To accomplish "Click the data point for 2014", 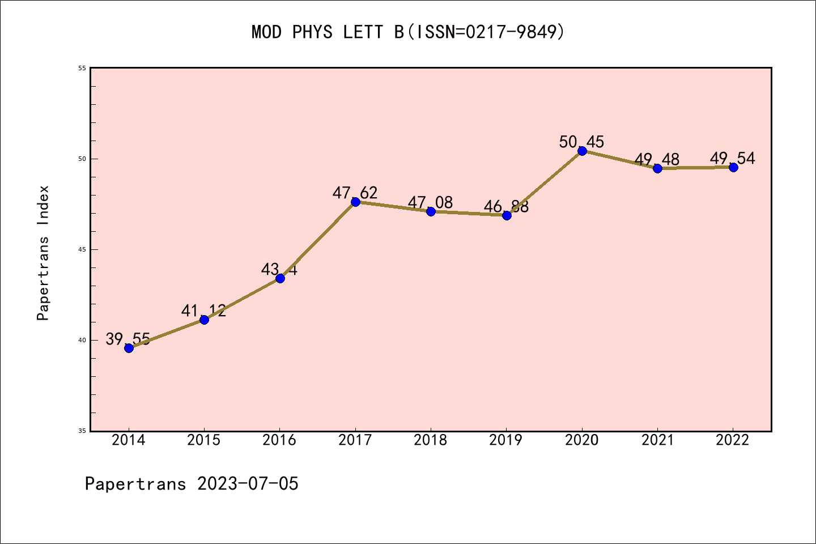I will tap(129, 348).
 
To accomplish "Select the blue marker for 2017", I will tap(355, 202).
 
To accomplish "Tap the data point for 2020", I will tap(582, 151).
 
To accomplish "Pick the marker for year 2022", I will tap(733, 167).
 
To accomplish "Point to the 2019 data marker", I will tap(507, 215).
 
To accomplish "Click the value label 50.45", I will tap(581, 142).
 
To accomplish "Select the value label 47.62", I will tap(355, 193).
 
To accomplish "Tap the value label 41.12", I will tap(203, 311).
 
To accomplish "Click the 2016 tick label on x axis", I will tap(279, 440).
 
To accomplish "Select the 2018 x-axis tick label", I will tap(431, 440).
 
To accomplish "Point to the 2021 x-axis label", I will tap(657, 440).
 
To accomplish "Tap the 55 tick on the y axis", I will tap(82, 68).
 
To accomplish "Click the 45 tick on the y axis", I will tap(82, 249).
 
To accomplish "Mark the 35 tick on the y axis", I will tap(82, 431).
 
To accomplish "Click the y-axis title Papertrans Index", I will tap(44, 253).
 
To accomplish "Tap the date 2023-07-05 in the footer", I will tap(248, 483).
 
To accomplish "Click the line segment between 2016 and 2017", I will tap(317, 240).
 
